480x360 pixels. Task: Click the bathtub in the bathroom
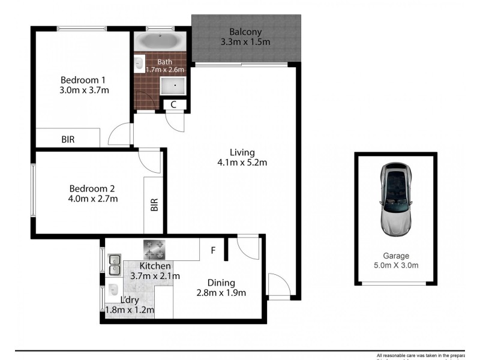pyautogui.click(x=159, y=41)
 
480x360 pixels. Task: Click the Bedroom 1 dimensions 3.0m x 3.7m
pyautogui.click(x=85, y=91)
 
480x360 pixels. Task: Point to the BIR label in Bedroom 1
pyautogui.click(x=68, y=139)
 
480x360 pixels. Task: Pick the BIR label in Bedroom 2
pyautogui.click(x=154, y=205)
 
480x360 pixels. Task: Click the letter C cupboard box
pyautogui.click(x=174, y=104)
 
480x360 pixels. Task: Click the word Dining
pyautogui.click(x=221, y=283)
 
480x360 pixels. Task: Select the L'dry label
pyautogui.click(x=130, y=299)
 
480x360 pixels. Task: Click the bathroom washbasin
pyautogui.click(x=139, y=62)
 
